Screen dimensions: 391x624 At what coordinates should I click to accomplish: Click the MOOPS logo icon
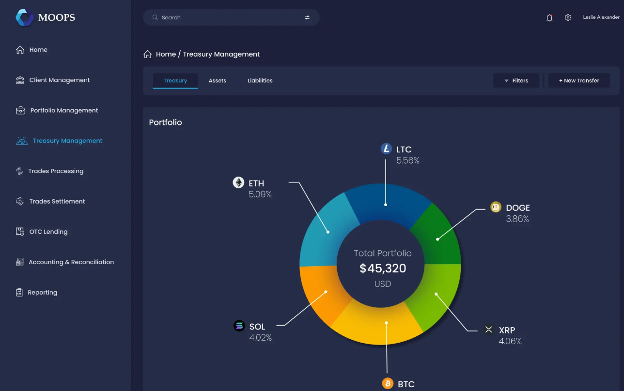pos(24,17)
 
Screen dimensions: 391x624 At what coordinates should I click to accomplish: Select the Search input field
pos(228,17)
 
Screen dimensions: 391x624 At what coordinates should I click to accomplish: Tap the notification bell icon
pos(549,18)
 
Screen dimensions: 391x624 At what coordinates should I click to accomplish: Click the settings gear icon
pos(568,17)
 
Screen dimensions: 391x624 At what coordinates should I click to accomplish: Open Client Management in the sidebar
pos(59,80)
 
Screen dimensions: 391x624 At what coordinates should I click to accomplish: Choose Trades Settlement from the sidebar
pos(57,201)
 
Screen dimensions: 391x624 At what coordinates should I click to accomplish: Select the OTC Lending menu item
pos(48,232)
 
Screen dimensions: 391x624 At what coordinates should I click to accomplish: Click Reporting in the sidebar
pos(42,292)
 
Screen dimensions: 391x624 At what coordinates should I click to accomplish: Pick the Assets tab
pos(218,81)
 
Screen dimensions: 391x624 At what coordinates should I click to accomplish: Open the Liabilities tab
pos(260,81)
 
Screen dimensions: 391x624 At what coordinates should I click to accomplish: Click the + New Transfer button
pos(579,81)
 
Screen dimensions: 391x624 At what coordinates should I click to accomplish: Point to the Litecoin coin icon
pos(386,149)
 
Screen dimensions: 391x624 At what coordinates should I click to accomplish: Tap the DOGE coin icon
pos(496,207)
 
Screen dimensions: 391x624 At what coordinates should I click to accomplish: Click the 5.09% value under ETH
pos(260,195)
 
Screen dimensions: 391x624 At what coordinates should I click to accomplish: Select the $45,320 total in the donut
pos(383,269)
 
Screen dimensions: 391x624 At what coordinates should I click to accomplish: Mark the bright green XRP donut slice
pos(434,295)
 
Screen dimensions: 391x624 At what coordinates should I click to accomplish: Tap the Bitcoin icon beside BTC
pos(388,384)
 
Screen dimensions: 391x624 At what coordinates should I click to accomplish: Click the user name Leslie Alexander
pos(601,17)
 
